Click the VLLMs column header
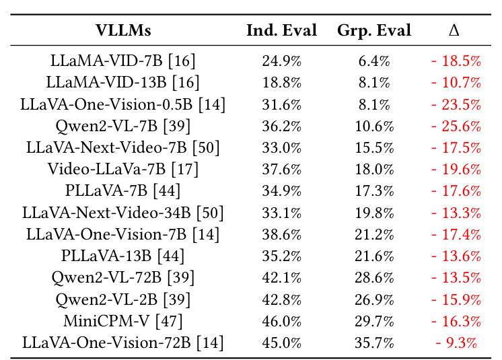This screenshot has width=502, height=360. tap(123, 31)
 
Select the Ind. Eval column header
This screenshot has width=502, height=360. tap(281, 31)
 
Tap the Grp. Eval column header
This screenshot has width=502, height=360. tap(374, 31)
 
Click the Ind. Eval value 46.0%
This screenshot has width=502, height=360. tap(281, 322)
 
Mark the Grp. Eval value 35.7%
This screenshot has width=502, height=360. tap(374, 343)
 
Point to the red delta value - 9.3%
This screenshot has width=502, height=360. tap(456, 343)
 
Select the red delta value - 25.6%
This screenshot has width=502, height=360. tap(456, 127)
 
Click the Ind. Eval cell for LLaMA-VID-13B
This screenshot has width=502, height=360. tap(281, 83)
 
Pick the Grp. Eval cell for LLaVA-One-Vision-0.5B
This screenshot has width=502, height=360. tap(374, 105)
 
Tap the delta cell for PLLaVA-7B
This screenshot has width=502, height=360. tap(456, 192)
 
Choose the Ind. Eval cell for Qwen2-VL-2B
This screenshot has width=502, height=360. tap(281, 300)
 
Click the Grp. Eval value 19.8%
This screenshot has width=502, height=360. tap(374, 213)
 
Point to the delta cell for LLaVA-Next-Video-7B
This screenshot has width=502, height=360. tap(456, 148)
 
